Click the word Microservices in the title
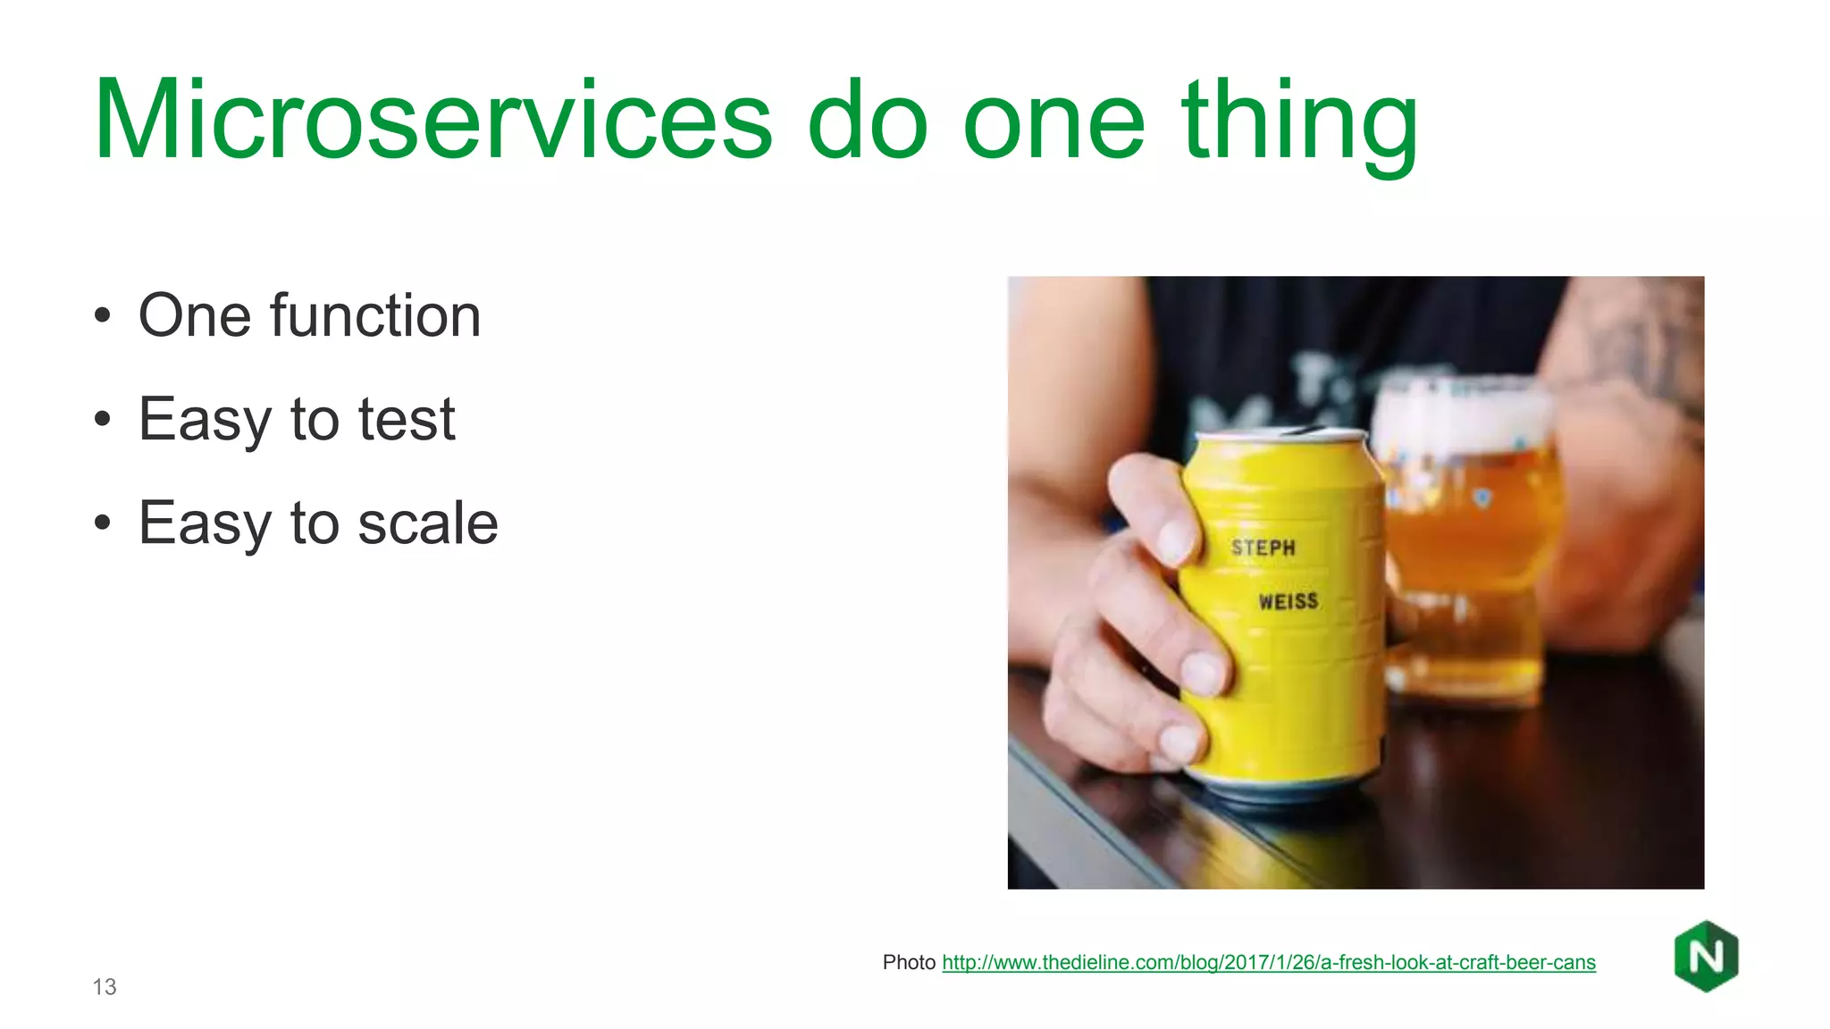click(x=432, y=121)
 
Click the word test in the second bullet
click(x=407, y=419)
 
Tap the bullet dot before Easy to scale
click(x=103, y=523)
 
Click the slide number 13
click(x=105, y=987)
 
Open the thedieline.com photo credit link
click(x=1268, y=962)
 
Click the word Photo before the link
click(x=908, y=962)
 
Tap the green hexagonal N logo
click(x=1706, y=957)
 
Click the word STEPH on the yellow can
click(x=1263, y=548)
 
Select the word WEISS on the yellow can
click(x=1289, y=601)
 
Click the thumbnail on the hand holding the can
click(x=1176, y=539)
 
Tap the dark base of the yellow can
click(x=1287, y=791)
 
